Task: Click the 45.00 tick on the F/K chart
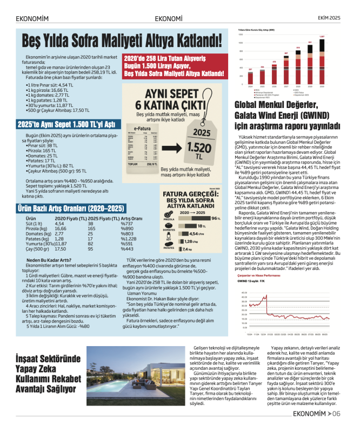pos(244,293)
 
